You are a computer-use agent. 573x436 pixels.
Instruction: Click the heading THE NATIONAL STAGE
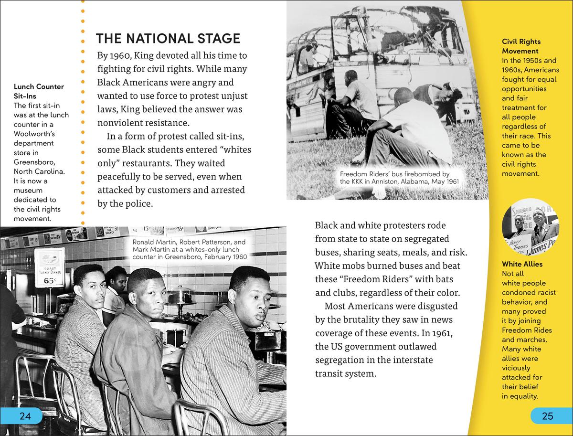168,38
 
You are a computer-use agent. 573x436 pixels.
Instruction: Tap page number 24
25,416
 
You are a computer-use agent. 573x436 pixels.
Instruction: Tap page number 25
548,416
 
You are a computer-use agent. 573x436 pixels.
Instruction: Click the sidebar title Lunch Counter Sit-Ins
39,91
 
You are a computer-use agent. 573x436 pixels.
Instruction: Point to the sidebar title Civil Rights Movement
521,46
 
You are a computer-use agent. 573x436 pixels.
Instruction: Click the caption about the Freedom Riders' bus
394,178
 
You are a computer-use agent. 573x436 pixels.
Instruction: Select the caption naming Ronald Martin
189,249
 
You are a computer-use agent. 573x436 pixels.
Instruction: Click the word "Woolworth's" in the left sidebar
34,134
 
